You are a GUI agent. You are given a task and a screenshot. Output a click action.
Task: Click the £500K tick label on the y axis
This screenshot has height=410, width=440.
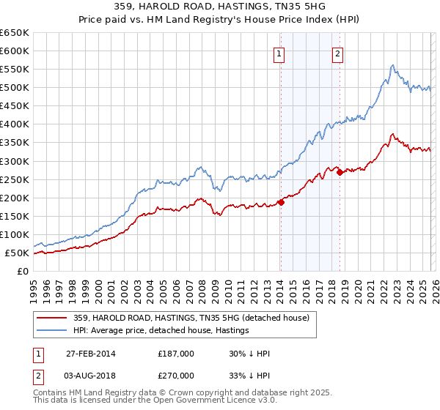15,88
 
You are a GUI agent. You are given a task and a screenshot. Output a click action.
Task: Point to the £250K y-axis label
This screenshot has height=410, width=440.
15,179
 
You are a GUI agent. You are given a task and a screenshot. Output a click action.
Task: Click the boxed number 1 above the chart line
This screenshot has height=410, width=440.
280,53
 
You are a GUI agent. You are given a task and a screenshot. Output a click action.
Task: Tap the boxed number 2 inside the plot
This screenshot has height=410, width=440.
337,53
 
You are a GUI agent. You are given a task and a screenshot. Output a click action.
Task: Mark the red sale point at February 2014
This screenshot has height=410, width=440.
281,203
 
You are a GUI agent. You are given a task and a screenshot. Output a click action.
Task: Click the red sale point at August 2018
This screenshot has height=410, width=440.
340,173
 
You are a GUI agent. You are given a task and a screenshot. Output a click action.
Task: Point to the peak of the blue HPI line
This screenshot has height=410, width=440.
393,65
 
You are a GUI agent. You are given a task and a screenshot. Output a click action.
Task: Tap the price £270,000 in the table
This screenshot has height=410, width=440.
176,375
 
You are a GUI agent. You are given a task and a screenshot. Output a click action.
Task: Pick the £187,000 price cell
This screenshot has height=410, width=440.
176,354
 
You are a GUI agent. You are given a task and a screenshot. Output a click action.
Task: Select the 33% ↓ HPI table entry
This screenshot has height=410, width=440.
250,375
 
